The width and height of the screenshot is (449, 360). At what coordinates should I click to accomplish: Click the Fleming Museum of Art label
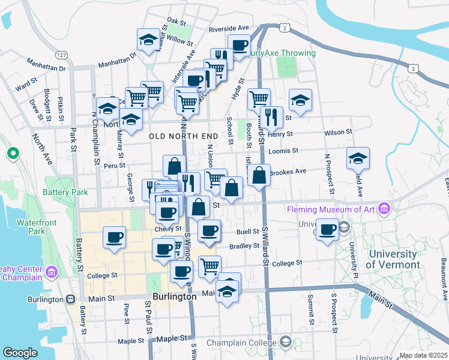[332, 209]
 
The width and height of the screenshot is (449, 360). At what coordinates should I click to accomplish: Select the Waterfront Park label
[31, 227]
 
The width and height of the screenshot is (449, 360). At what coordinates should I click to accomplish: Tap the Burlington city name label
[174, 296]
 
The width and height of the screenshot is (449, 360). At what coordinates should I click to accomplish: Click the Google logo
[20, 353]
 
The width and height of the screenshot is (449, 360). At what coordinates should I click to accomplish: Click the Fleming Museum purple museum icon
[384, 209]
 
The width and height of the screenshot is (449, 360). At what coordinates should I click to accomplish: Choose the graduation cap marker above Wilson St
[300, 99]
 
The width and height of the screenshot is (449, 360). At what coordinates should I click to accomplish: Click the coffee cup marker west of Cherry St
[113, 236]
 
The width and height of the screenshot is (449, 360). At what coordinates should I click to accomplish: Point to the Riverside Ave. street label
[229, 28]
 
